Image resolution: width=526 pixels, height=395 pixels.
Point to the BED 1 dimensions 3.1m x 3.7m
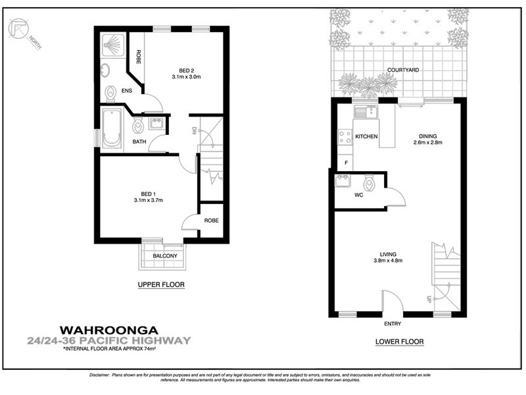click(148, 199)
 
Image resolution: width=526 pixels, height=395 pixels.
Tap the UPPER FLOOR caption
click(161, 285)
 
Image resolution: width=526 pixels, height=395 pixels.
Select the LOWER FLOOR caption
click(399, 342)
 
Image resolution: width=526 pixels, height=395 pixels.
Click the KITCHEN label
click(366, 137)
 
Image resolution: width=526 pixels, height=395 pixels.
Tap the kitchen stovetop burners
click(343, 137)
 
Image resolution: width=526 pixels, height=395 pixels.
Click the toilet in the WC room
click(370, 184)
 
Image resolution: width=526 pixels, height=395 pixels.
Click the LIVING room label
click(391, 254)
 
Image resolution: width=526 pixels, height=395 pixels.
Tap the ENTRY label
click(393, 324)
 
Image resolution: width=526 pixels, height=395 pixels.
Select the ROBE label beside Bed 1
click(211, 221)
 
